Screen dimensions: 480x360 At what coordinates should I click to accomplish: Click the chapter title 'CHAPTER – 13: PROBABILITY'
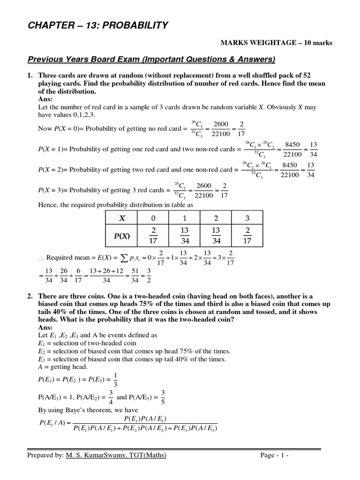pyautogui.click(x=97, y=25)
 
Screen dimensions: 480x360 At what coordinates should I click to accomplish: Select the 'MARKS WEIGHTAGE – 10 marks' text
pyautogui.click(x=277, y=43)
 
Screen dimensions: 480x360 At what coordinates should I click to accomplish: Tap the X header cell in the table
pyautogui.click(x=122, y=218)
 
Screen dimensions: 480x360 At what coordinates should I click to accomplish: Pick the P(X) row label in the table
pyautogui.click(x=122, y=237)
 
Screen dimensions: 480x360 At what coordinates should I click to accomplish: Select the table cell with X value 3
pyautogui.click(x=247, y=218)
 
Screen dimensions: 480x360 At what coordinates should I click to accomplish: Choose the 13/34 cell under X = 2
pyautogui.click(x=216, y=237)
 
